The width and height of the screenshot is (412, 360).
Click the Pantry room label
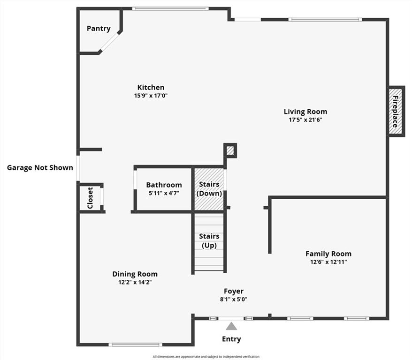99,29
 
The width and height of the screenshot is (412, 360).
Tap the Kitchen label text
151,87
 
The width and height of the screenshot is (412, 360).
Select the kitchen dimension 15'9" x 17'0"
151,96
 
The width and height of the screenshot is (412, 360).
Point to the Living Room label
305,112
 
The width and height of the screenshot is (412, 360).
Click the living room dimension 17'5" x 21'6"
305,120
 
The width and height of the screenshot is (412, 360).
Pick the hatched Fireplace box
396,112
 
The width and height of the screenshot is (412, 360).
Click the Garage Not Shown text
40,167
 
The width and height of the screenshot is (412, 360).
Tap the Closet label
90,198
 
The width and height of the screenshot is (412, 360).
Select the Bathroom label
164,185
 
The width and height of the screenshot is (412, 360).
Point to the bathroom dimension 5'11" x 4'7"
164,193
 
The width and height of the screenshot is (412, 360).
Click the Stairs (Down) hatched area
209,189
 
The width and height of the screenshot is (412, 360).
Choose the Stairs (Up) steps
209,242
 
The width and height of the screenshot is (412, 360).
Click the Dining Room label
135,274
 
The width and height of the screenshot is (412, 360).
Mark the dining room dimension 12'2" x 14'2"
135,282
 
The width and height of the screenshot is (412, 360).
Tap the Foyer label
233,291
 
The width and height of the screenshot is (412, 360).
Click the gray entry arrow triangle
231,326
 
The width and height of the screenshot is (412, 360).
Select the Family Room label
328,254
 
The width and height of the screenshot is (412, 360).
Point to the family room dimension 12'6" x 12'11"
328,262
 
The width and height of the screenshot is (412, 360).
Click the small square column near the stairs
230,150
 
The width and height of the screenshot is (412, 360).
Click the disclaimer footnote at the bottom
206,357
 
